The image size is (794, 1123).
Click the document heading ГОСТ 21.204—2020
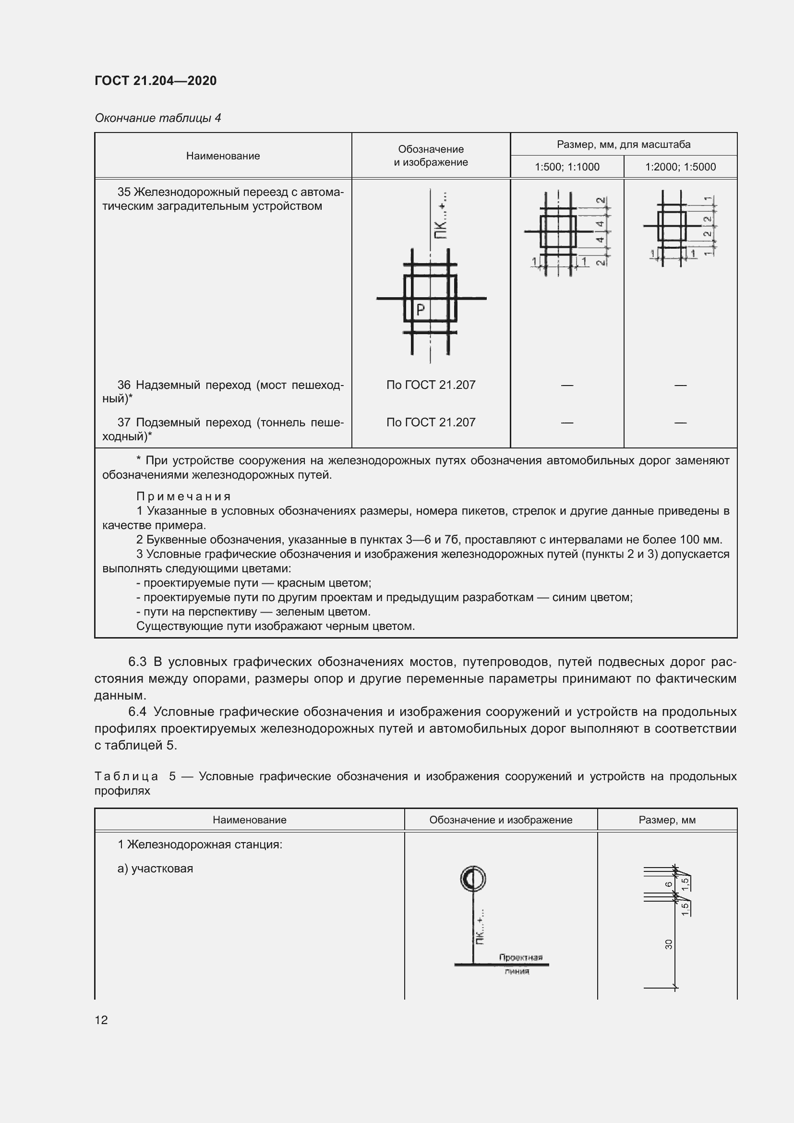(156, 81)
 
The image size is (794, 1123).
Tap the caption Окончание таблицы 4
(157, 118)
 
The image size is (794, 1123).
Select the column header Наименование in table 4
(223, 156)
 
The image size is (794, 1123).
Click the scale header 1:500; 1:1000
(566, 167)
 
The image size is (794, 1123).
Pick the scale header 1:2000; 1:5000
(680, 167)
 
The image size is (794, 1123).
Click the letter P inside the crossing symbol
(420, 310)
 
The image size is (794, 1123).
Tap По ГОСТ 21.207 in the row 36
(430, 385)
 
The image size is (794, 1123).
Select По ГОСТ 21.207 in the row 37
(430, 422)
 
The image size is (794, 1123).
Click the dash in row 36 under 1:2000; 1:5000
(680, 386)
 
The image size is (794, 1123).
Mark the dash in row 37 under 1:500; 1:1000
(566, 423)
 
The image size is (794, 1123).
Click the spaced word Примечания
(183, 496)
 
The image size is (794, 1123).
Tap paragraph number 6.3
(137, 662)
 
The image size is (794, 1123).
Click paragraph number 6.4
(137, 712)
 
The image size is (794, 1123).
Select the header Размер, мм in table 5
(667, 820)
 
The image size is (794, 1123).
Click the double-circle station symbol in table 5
(473, 879)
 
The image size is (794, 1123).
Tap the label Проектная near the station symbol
(521, 957)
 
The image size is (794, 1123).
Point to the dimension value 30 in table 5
(669, 944)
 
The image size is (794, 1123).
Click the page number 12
(101, 1020)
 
